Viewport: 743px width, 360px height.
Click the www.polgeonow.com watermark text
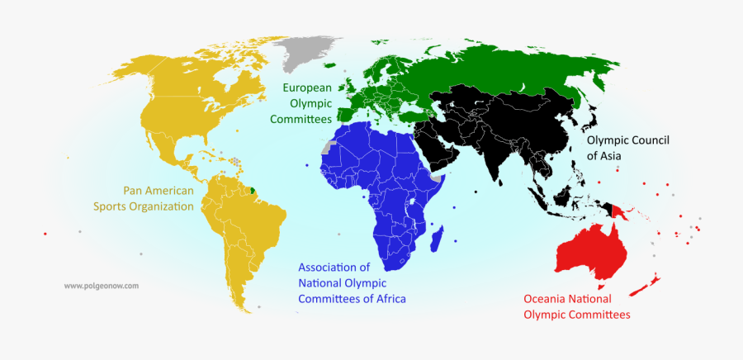click(x=101, y=286)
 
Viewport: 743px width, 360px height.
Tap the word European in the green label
click(x=307, y=88)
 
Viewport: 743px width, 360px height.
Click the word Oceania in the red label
click(x=548, y=299)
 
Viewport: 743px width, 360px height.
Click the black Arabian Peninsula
click(x=437, y=149)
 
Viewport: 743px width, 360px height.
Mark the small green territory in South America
click(x=253, y=191)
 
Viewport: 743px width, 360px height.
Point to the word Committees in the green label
click(x=301, y=119)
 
